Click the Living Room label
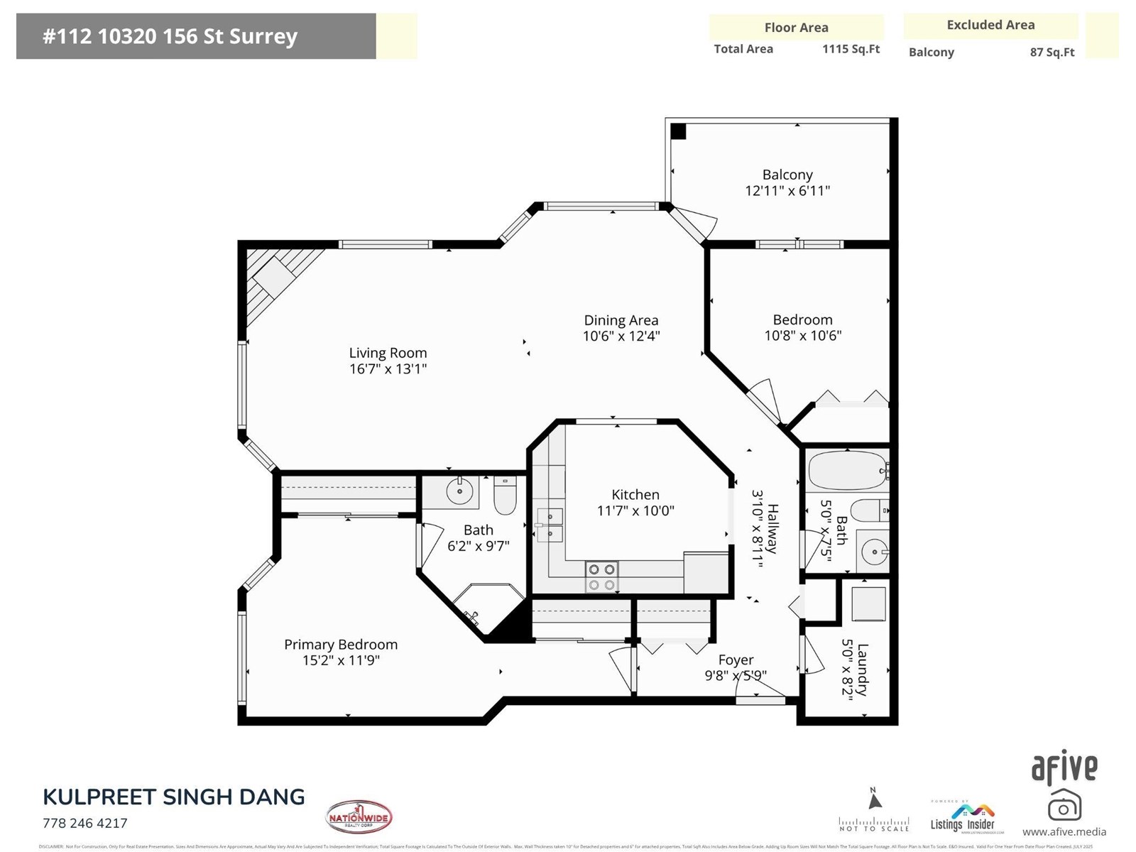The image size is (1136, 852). pos(388,353)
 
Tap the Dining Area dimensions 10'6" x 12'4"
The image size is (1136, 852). pos(621,337)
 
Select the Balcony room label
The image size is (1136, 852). pos(787,175)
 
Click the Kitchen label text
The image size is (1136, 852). pos(635,495)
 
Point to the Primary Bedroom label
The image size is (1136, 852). pos(341,645)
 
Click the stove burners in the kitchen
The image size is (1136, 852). pos(601,577)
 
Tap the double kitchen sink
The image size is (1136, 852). pos(550,525)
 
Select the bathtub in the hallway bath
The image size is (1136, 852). pos(847,470)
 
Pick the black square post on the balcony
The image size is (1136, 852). pos(678,131)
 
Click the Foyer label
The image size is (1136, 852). pos(736,660)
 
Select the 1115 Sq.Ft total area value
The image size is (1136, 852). pos(851,49)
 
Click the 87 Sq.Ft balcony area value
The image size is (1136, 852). pos(1052,53)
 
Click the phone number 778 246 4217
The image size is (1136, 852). pos(85,824)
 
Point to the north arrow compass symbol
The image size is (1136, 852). pos(875,800)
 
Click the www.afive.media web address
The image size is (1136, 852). pos(1064,832)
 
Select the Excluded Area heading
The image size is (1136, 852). pos(990,25)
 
